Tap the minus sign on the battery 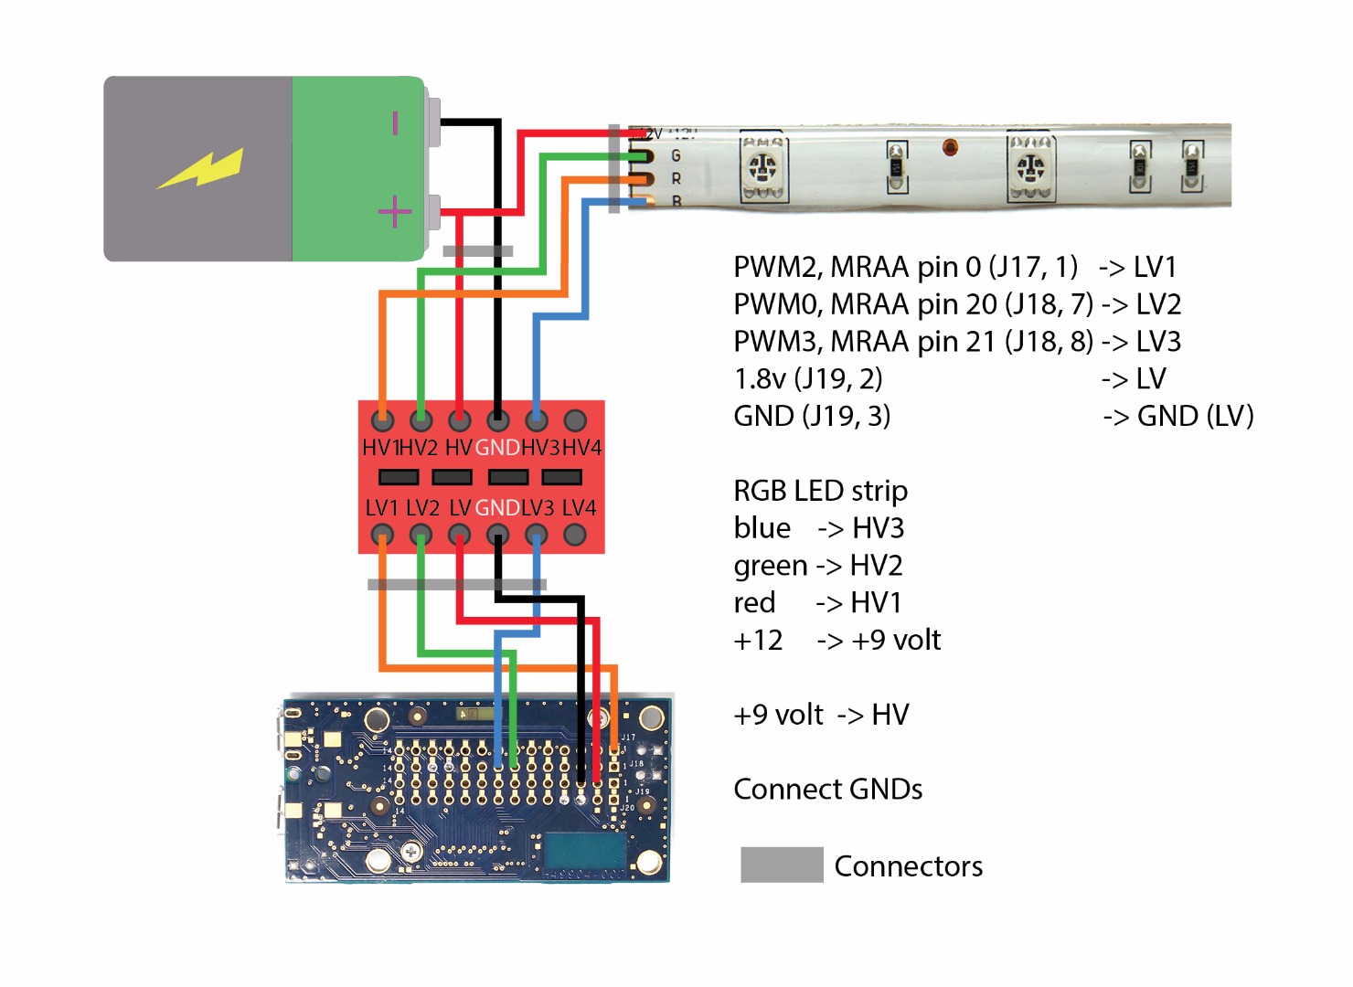395,122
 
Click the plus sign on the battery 395,213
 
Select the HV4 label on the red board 581,448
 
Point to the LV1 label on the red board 382,508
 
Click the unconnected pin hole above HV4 575,420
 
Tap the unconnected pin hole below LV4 575,535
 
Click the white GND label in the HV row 497,448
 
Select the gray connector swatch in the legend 782,865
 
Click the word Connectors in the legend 908,866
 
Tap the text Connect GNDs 827,790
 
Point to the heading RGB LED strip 820,491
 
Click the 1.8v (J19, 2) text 807,378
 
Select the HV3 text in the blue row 878,528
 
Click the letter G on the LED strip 676,155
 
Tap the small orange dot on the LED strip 950,146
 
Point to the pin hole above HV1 383,420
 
